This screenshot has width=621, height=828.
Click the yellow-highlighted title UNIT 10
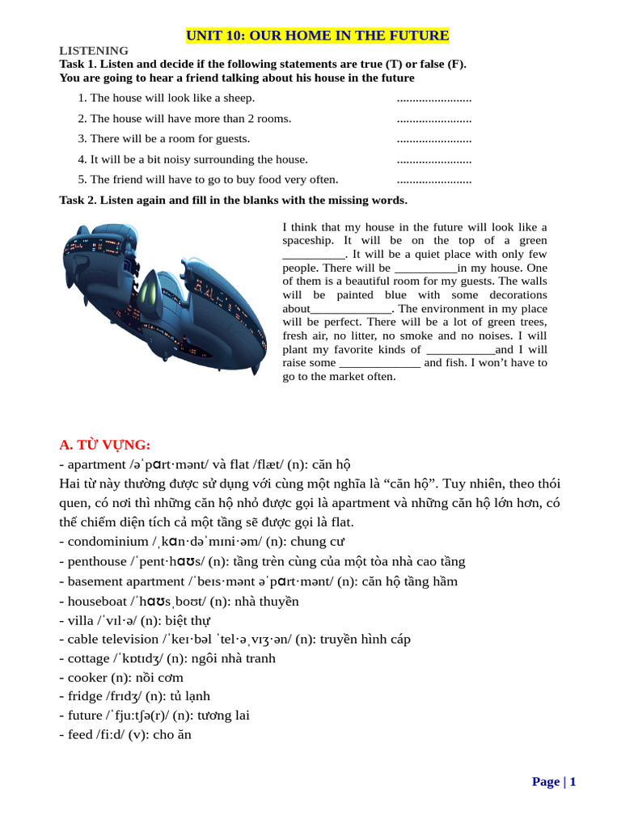click(x=317, y=36)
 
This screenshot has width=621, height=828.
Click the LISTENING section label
click(x=94, y=51)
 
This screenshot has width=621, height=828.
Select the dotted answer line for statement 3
click(x=434, y=139)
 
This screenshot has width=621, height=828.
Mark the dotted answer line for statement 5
click(x=434, y=180)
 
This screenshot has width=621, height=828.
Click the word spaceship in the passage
click(x=307, y=241)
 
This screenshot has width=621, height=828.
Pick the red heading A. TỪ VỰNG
click(x=105, y=445)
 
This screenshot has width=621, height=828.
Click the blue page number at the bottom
click(x=554, y=781)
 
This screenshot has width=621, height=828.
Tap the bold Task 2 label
click(x=78, y=201)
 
